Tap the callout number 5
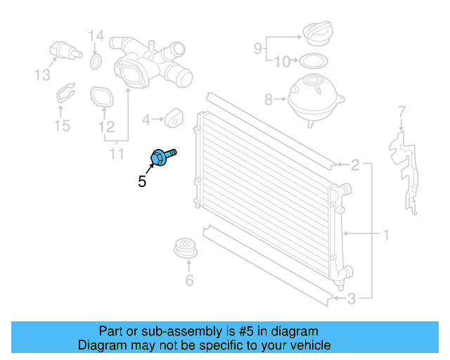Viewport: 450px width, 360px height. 142,181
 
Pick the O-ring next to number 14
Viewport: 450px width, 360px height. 96,64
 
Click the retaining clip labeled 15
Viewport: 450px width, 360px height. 66,96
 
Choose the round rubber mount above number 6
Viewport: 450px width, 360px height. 186,249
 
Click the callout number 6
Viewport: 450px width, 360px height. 188,281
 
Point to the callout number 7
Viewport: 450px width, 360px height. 401,111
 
